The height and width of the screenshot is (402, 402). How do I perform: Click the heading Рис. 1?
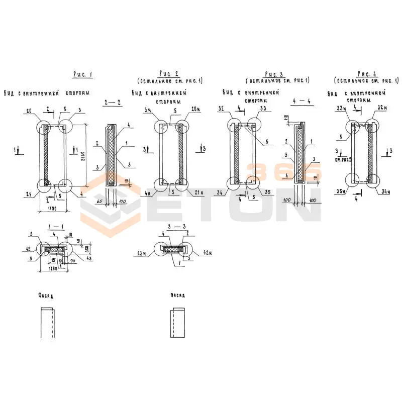pyautogui.click(x=83, y=74)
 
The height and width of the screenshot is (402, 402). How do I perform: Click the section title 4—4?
pyautogui.click(x=301, y=102)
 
